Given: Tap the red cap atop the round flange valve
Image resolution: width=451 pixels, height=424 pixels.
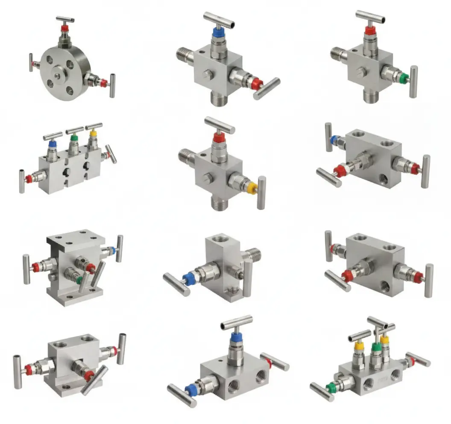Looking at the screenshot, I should click(65, 29).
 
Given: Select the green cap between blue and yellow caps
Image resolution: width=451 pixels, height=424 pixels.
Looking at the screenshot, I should click(73, 139).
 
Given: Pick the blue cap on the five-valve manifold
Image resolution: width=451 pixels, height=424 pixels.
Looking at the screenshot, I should click(52, 144).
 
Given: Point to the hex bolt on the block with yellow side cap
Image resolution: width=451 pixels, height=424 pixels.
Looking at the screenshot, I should click(207, 177).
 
